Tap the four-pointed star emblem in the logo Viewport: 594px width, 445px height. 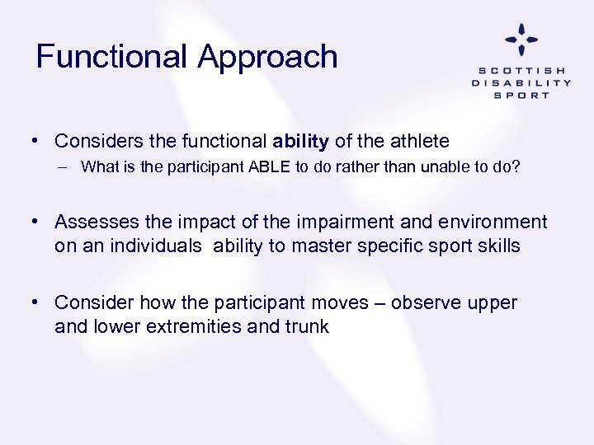[521, 40]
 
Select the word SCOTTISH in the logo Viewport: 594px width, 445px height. [521, 70]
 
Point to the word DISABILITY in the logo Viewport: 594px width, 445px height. [521, 82]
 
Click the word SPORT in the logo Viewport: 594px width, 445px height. [521, 95]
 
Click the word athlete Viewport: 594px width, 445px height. [418, 142]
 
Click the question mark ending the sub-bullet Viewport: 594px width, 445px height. [516, 167]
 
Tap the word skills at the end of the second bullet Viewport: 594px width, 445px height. [497, 246]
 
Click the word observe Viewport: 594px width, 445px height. [426, 303]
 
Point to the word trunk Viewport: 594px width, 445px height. [307, 326]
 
